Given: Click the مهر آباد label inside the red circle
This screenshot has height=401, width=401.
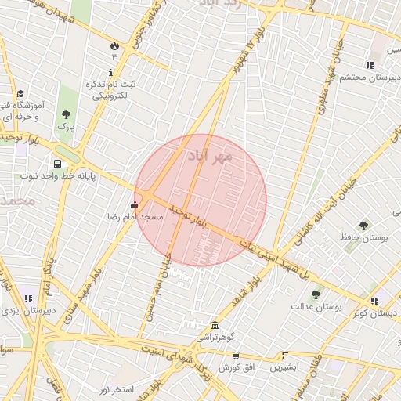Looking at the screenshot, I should [211, 156].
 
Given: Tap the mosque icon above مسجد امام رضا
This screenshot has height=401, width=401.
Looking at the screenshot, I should [135, 205].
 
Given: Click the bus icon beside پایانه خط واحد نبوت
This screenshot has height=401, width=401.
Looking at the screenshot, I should [57, 164].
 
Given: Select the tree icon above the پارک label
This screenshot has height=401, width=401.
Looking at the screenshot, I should [67, 114].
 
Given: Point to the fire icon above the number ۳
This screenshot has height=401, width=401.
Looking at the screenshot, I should [115, 45].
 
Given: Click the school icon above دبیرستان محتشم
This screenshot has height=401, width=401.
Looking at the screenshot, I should [369, 65].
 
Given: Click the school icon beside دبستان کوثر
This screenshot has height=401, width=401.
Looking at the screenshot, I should [374, 301].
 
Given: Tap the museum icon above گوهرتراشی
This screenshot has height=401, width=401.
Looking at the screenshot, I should [214, 325].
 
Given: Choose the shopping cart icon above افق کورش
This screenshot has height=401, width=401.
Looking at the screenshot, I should [235, 356].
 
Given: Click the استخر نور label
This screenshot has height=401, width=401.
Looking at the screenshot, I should [117, 389].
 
